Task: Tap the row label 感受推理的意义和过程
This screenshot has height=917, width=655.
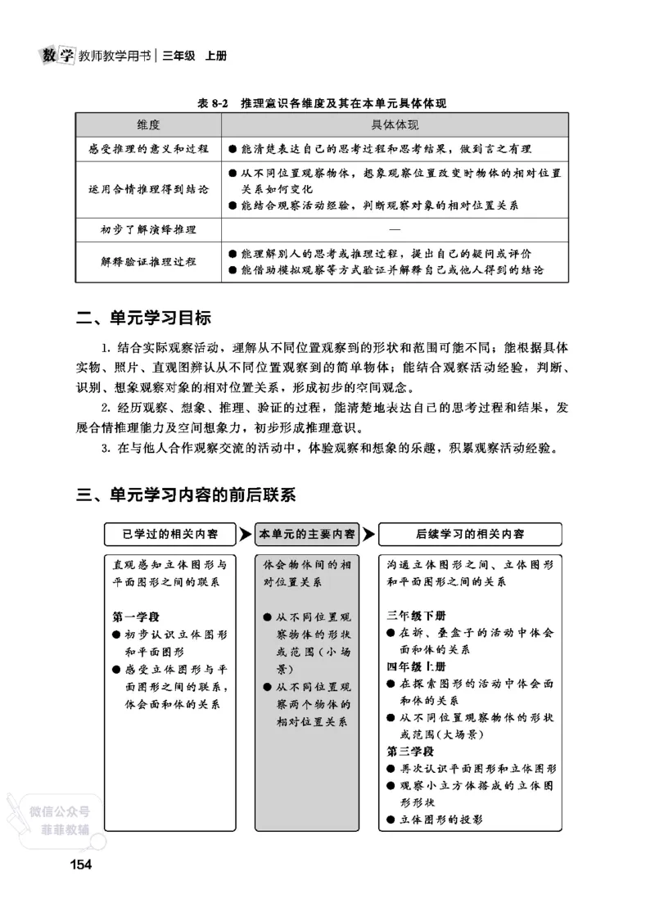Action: coord(148,149)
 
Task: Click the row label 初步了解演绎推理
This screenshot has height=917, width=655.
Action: coord(148,229)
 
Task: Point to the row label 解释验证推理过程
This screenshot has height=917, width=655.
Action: coord(148,261)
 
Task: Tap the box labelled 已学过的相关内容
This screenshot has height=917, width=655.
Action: coord(170,534)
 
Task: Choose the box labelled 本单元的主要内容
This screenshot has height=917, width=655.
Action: coord(307,534)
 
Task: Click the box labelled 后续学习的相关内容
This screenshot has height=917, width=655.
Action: coord(469,534)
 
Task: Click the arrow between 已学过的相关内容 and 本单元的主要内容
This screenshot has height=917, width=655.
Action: coord(246,534)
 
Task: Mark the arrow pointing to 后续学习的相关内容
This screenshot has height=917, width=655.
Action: coord(369,534)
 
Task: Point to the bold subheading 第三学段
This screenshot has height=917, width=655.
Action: coord(410,751)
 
